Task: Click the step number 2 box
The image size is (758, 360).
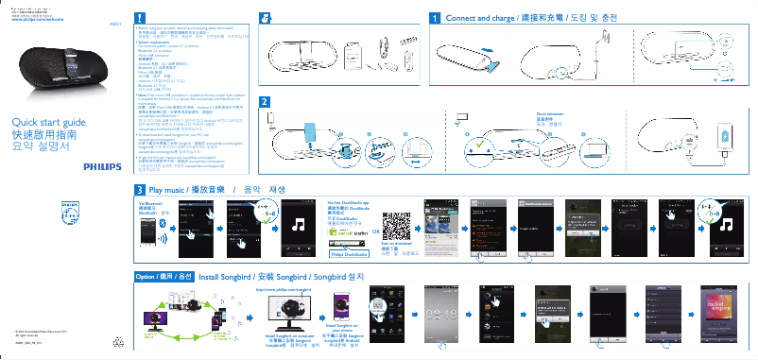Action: [265, 101]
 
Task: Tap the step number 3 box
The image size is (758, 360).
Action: [140, 190]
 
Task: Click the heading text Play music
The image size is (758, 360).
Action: [170, 190]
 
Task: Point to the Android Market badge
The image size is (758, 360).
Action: [346, 231]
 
